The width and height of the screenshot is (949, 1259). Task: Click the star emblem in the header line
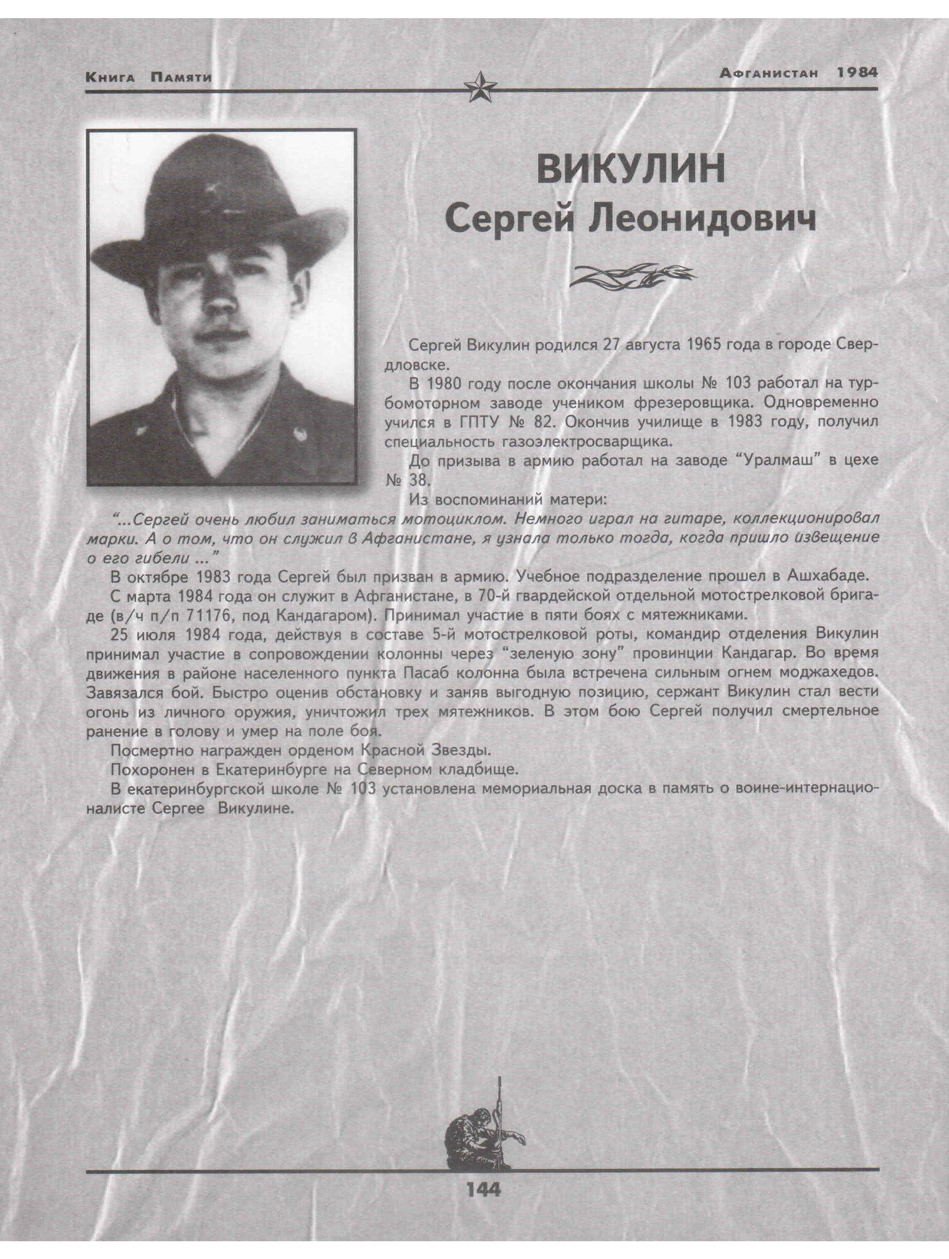coord(479,88)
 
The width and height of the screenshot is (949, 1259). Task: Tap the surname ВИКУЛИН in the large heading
coord(631,170)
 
